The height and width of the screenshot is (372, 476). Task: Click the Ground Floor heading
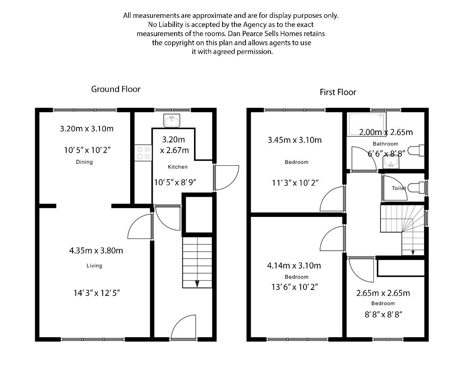[116, 89]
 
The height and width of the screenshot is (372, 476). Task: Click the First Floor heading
[338, 92]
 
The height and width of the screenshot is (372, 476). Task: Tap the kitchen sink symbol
[172, 119]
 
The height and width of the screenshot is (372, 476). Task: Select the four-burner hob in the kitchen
[143, 153]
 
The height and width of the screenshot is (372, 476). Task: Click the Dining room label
[84, 162]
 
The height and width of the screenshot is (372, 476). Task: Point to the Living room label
[94, 266]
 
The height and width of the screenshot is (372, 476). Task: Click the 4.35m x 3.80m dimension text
[96, 250]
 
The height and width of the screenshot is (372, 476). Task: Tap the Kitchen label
[175, 167]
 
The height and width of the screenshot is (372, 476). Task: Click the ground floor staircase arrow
[197, 284]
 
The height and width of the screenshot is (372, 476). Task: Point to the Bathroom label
[385, 144]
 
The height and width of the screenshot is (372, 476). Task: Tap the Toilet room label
[399, 188]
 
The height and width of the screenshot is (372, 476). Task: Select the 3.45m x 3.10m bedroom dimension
[294, 140]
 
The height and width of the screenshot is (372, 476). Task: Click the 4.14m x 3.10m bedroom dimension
[294, 265]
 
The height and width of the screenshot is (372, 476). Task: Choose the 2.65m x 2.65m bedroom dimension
[383, 293]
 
